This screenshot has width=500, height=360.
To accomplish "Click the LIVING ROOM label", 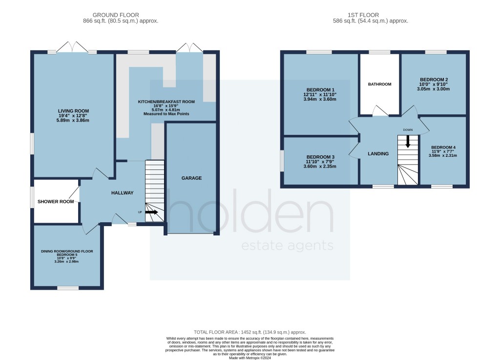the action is (73, 111).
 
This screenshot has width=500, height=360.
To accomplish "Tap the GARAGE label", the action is (191, 178).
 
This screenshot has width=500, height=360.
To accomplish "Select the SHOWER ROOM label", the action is (56, 202).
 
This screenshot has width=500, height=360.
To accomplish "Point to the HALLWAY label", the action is (123, 192).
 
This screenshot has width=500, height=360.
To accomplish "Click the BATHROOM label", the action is (379, 84).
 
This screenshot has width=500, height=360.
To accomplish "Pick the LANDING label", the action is (378, 154).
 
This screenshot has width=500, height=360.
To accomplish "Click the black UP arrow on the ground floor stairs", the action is (151, 212).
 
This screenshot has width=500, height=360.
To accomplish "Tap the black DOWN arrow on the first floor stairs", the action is (408, 142).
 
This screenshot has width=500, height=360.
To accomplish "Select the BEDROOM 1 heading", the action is (320, 90).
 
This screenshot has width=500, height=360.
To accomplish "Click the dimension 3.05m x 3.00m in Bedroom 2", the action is (434, 89).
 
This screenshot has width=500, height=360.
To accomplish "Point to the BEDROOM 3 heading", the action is (320, 157).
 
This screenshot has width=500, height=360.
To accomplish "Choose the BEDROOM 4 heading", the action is (443, 148).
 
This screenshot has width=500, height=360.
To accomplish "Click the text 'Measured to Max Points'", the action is (166, 114).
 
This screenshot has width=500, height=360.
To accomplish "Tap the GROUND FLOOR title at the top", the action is (116, 15).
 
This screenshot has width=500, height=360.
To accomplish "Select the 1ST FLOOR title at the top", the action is (363, 15).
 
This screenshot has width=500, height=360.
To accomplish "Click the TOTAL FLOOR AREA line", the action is (250, 332).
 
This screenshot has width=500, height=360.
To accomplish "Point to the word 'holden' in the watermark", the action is (250, 211).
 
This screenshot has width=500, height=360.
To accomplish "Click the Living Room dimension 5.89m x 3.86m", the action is (73, 120).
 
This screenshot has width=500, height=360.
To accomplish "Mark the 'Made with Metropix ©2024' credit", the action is (250, 358).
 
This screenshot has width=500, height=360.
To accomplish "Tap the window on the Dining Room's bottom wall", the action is (68, 288).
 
